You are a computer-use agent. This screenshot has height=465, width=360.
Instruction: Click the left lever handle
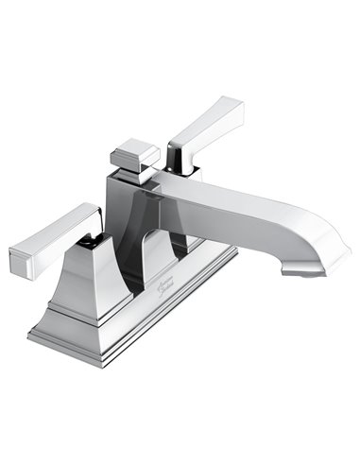click(57, 232)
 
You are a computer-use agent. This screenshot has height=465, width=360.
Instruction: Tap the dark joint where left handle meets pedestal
click(90, 241)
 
